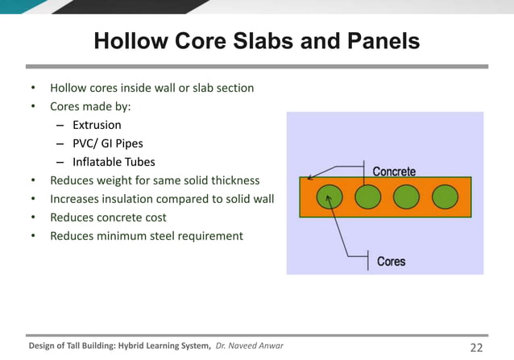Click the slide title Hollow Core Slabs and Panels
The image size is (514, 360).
coord(256,40)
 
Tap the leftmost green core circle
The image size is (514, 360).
coord(328,197)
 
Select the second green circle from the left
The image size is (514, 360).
coord(367,197)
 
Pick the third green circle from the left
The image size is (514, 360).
coord(406,197)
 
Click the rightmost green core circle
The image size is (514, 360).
coord(445,197)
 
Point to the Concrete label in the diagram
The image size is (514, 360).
coord(394,172)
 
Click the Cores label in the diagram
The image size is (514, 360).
coord(392,261)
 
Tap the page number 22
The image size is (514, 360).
coord(475,347)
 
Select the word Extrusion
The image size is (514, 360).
coord(97,125)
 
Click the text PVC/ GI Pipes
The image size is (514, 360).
coord(107,143)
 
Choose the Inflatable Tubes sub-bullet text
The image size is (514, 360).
coord(114,162)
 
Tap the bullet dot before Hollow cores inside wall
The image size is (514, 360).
coord(32,88)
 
